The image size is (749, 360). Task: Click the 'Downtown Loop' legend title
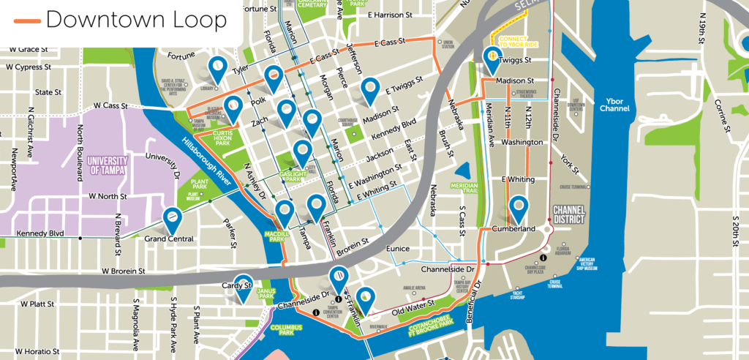(136, 20)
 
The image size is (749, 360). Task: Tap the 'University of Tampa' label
(107, 165)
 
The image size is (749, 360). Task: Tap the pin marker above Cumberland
(519, 208)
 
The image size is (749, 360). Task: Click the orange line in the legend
(27, 20)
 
